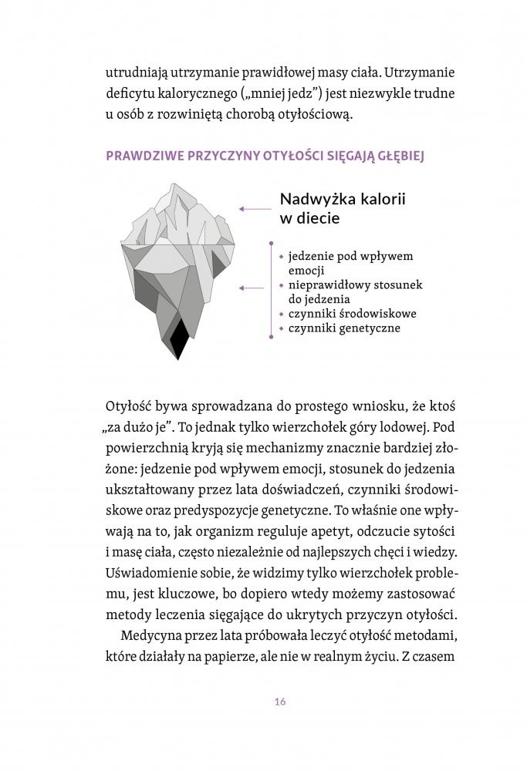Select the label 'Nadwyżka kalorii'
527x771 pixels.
coord(343,199)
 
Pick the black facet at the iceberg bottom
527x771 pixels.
coord(179,340)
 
